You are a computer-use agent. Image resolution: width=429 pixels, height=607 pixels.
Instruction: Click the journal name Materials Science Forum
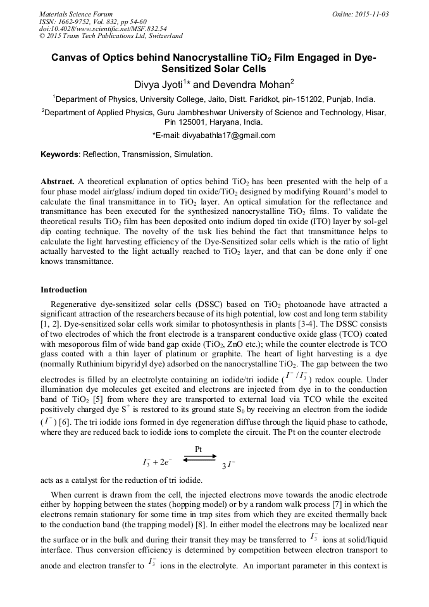pos(76,13)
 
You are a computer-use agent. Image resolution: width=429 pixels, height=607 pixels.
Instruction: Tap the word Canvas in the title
pos(70,58)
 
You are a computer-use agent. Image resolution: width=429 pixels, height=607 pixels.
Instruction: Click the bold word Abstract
pos(58,180)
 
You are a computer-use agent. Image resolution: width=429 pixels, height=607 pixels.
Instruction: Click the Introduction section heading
pos(64,289)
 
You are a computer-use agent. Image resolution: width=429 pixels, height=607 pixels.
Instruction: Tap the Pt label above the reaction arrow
pos(198,449)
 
